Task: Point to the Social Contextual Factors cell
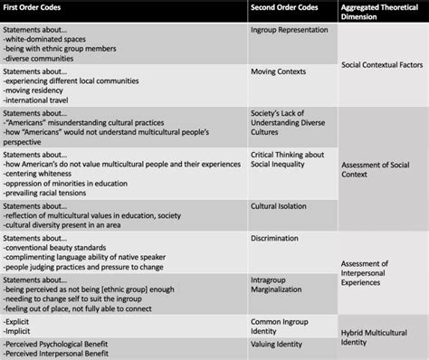click(383, 66)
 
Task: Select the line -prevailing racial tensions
click(51, 192)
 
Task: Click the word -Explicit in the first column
click(21, 320)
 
